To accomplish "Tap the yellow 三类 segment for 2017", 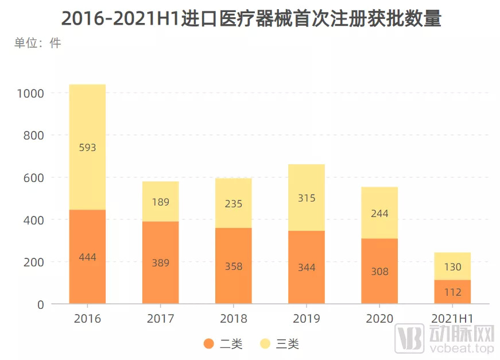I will pos(160,202).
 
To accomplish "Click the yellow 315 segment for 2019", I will pos(307,198).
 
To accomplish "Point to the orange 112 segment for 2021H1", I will pos(452,292).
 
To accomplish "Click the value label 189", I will pos(160,202).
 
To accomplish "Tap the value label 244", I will pos(379,214).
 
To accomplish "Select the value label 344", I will pos(307,268).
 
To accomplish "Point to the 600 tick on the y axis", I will pos(34,178).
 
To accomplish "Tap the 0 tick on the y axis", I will pos(41,304).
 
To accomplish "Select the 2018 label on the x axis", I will pos(234,319).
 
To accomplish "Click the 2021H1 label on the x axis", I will pos(452,319).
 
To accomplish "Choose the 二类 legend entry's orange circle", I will pos(209,344).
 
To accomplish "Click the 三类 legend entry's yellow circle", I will pos(265,344).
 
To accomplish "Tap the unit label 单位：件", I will pos(38,43).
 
